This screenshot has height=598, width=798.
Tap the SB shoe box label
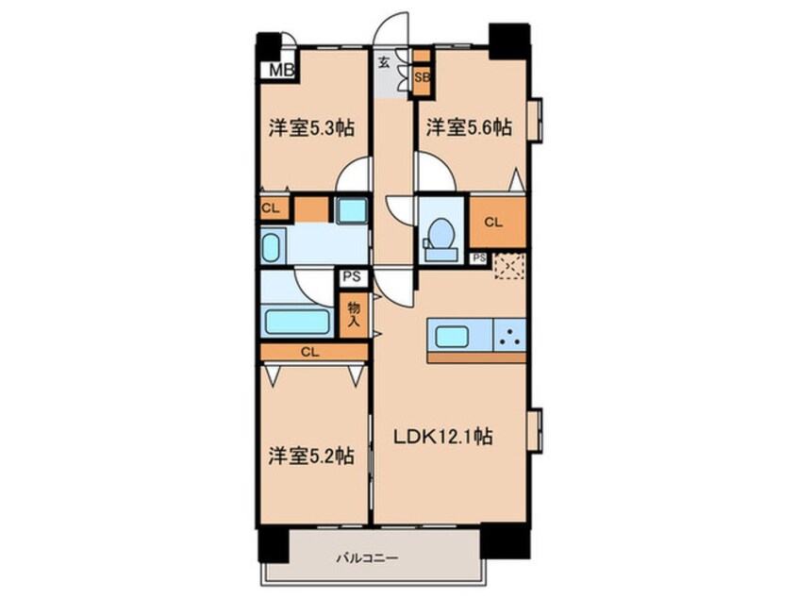422,78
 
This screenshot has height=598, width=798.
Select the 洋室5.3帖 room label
311,127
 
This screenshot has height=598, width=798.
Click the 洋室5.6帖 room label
469,127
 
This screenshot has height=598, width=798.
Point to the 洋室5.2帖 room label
311,456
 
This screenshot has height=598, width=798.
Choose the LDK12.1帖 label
442,436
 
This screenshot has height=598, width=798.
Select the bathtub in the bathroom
297,321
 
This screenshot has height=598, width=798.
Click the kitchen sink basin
452,337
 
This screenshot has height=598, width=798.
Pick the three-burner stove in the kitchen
509,335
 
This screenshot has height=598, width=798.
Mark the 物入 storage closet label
354,314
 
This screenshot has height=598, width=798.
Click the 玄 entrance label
384,62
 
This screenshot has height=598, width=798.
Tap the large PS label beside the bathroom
352,277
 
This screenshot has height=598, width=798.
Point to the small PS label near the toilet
479,258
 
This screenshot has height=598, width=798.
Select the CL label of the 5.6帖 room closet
493,222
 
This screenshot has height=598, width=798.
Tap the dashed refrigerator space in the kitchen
509,266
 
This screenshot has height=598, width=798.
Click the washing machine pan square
351,209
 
